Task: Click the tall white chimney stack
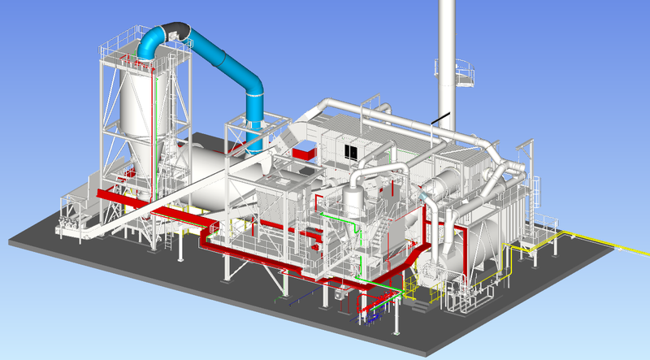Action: coord(447,49)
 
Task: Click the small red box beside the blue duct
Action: coord(305,152)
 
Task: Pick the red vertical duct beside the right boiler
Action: coord(465,256)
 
